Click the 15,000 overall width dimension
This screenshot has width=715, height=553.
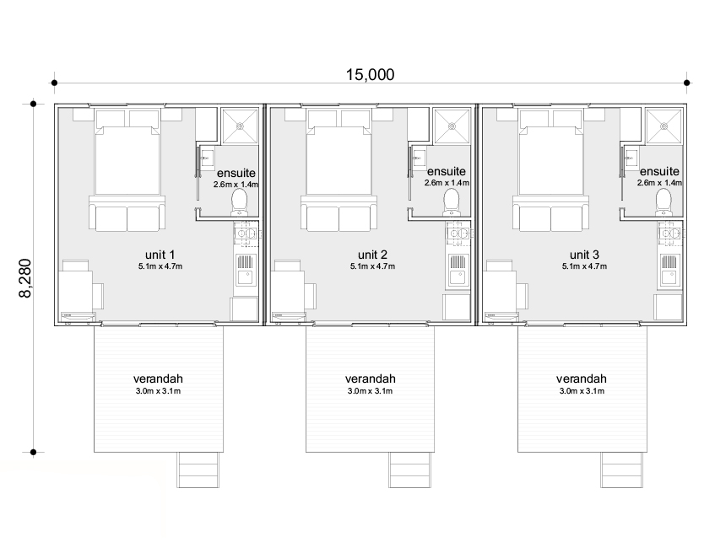(x=370, y=75)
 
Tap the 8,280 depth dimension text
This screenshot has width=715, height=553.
(x=25, y=278)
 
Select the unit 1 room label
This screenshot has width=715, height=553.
(x=160, y=255)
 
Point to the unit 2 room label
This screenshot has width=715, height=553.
(x=372, y=255)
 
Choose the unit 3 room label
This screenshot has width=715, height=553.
(x=584, y=255)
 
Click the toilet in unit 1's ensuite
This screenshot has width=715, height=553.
(x=240, y=201)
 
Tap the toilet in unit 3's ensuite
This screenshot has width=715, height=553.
(x=664, y=201)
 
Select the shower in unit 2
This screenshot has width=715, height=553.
(x=452, y=126)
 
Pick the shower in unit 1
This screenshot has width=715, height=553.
(x=240, y=126)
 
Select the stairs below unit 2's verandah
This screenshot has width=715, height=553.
(x=409, y=470)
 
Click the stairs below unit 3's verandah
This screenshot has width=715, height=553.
(x=621, y=470)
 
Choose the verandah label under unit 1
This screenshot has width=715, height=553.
(x=158, y=379)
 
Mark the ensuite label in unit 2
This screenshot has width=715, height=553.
(x=447, y=171)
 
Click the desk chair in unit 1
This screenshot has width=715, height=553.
(x=98, y=296)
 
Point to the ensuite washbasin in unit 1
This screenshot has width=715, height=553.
(x=206, y=159)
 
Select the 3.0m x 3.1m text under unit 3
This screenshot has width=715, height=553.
(x=582, y=391)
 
